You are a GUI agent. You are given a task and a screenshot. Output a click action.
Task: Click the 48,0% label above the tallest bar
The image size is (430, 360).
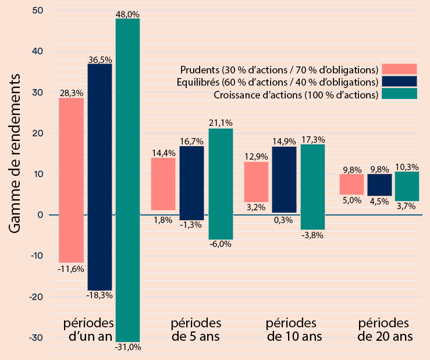127,13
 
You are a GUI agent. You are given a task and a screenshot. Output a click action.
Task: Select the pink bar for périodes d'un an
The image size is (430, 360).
71,180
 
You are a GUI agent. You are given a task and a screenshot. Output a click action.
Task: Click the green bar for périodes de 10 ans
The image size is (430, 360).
312,186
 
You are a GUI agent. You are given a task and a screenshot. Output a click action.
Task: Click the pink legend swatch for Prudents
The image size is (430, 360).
399,69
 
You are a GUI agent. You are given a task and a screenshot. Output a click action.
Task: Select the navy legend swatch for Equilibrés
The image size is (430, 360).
399,82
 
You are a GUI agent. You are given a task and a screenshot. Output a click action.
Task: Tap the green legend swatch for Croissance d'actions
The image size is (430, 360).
399,94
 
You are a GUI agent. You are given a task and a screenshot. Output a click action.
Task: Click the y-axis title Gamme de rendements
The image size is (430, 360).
16,154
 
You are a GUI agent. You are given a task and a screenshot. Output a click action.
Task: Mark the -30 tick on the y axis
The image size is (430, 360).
36,338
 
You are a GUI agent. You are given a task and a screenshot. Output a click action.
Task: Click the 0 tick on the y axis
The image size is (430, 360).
40,215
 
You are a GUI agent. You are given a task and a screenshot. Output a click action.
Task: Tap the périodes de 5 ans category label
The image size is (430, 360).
196,330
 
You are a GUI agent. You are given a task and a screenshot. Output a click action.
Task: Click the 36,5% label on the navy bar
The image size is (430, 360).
100,59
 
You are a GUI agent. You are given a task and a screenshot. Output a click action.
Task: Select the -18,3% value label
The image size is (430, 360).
99,295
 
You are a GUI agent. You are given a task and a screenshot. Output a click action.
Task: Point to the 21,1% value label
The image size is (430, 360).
221,123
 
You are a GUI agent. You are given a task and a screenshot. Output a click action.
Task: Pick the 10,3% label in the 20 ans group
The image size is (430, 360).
407,167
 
